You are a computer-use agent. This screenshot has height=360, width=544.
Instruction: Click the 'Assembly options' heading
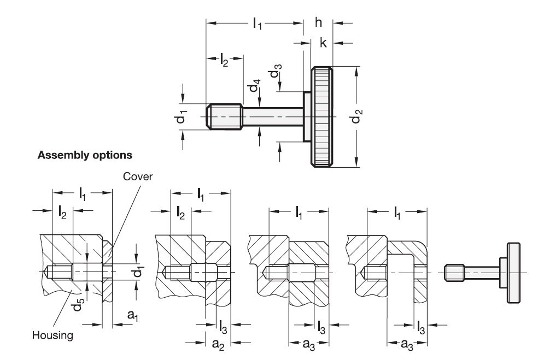click(85, 155)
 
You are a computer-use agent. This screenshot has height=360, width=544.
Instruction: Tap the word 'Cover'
click(138, 176)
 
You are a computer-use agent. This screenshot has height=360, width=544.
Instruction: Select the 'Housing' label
click(52, 335)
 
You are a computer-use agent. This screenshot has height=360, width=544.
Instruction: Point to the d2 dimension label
click(356, 116)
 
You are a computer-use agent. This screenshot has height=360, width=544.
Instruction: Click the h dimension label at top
click(319, 22)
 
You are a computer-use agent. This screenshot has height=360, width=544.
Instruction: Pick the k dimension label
click(323, 43)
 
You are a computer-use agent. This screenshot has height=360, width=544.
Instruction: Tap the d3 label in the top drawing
click(276, 71)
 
